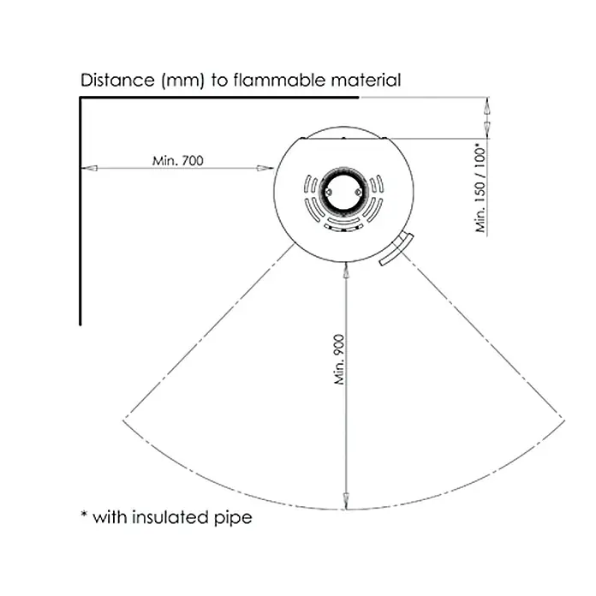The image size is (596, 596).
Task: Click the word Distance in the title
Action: coord(116,80)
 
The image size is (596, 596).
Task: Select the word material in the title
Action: coord(366,80)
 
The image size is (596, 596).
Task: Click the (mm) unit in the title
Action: coord(183,80)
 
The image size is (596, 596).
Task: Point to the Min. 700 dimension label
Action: coord(177,161)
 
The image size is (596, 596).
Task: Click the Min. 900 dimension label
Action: coord(339,359)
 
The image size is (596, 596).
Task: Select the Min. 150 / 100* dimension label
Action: coord(481,188)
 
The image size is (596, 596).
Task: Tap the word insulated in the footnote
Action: coord(171,517)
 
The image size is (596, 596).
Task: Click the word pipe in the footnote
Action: coord(233,518)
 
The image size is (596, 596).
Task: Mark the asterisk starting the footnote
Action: coord(84,514)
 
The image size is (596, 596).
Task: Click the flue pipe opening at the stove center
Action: coord(343,193)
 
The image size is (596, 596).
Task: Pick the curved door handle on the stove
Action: coord(396,249)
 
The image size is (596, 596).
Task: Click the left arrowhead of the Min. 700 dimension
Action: coord(89,168)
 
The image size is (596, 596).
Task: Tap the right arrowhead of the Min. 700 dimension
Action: coord(265,168)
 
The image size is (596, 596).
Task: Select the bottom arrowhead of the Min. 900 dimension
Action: coord(346,501)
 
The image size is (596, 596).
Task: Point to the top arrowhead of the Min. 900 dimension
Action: coord(346,271)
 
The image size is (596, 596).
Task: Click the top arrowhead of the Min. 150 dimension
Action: coord(487,105)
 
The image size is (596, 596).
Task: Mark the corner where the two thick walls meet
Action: coord(80,98)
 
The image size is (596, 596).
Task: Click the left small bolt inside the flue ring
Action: coord(329,193)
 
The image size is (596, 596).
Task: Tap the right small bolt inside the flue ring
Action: coord(358,193)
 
